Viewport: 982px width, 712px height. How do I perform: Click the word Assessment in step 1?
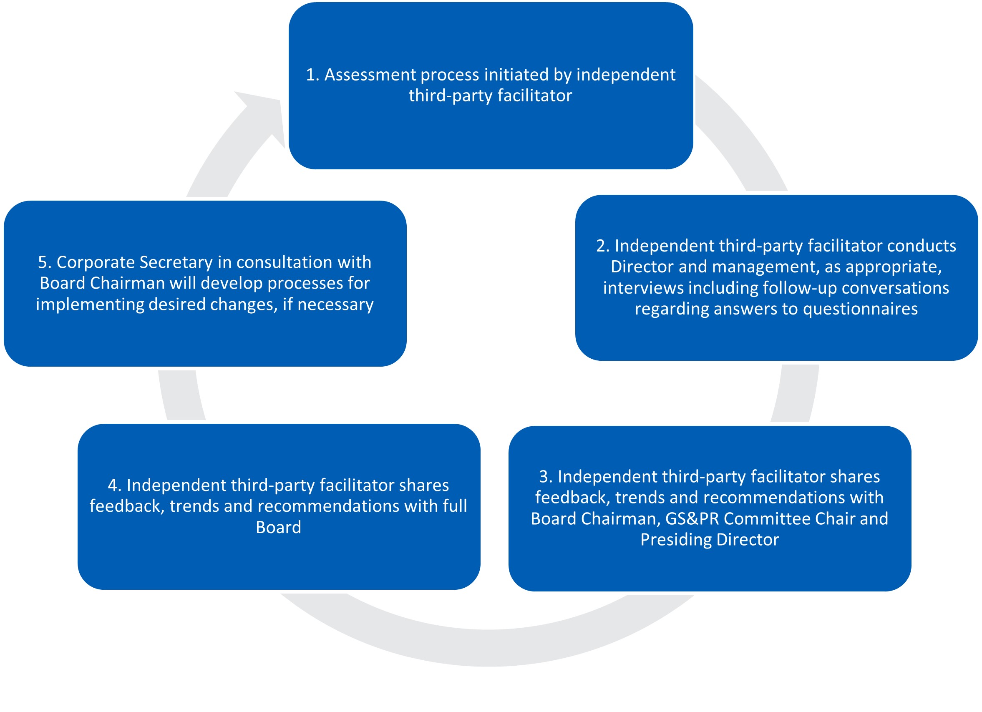370,75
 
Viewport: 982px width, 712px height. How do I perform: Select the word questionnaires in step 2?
860,309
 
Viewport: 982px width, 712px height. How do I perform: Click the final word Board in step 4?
278,528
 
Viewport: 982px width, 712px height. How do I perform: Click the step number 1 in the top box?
311,75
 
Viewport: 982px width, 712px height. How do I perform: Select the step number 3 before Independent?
545,476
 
